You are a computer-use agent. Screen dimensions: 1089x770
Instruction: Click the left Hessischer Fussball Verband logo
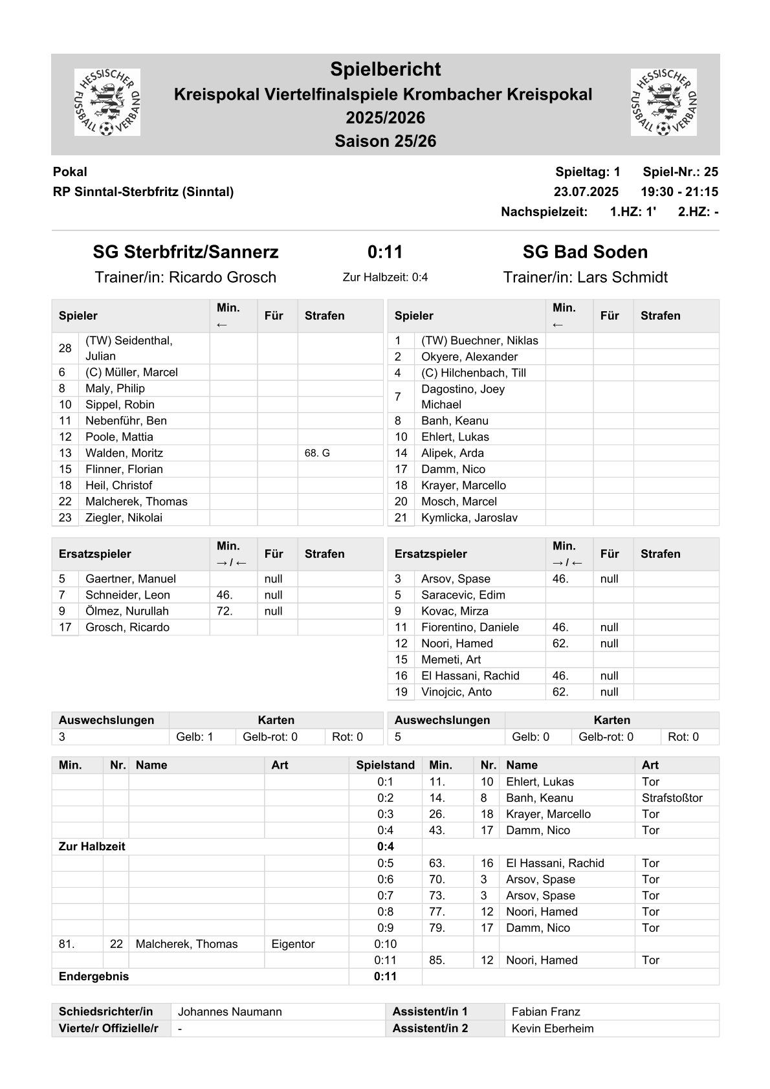[107, 102]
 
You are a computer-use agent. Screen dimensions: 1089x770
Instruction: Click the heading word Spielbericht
[385, 69]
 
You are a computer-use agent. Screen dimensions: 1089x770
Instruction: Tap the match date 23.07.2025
[586, 192]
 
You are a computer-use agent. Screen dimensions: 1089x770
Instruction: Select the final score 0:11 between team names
[385, 252]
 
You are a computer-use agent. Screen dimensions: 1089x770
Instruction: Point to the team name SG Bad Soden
[585, 252]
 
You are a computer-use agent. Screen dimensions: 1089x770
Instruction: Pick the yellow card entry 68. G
[317, 453]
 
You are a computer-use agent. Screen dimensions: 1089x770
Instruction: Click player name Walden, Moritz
[124, 453]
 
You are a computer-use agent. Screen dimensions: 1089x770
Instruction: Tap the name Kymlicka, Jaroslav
[469, 518]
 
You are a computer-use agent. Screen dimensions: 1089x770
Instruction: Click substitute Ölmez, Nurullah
[127, 611]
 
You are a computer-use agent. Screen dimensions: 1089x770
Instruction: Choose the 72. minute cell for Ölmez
[225, 611]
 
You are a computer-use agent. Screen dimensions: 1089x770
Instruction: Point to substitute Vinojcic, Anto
[456, 692]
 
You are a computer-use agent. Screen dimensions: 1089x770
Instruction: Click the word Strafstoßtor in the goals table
[672, 798]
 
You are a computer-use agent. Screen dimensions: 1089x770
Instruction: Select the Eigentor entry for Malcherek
[293, 944]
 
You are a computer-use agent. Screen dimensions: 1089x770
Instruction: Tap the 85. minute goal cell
[437, 960]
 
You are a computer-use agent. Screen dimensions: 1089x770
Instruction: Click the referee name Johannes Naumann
[230, 1012]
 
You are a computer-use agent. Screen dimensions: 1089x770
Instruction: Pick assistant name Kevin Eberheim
[552, 1028]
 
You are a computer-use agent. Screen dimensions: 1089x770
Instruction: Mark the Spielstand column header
[385, 765]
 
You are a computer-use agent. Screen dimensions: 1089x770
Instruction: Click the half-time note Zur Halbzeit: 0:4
[385, 278]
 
